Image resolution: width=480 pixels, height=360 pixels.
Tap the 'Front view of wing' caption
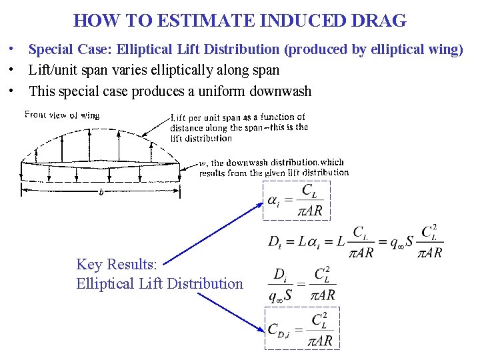pos(62,115)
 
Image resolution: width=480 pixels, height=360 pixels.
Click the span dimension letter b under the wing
pos(101,191)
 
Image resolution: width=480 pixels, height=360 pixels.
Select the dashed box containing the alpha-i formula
pos(295,201)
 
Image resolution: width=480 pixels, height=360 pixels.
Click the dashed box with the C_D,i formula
pos(302,328)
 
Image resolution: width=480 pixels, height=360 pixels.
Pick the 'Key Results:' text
pos(117,265)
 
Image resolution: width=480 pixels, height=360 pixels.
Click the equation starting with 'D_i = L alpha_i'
pos(355,242)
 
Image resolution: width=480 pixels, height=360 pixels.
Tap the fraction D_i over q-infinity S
pos(282,285)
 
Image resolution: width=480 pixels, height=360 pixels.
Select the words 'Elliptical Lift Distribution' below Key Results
pos(160,283)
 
